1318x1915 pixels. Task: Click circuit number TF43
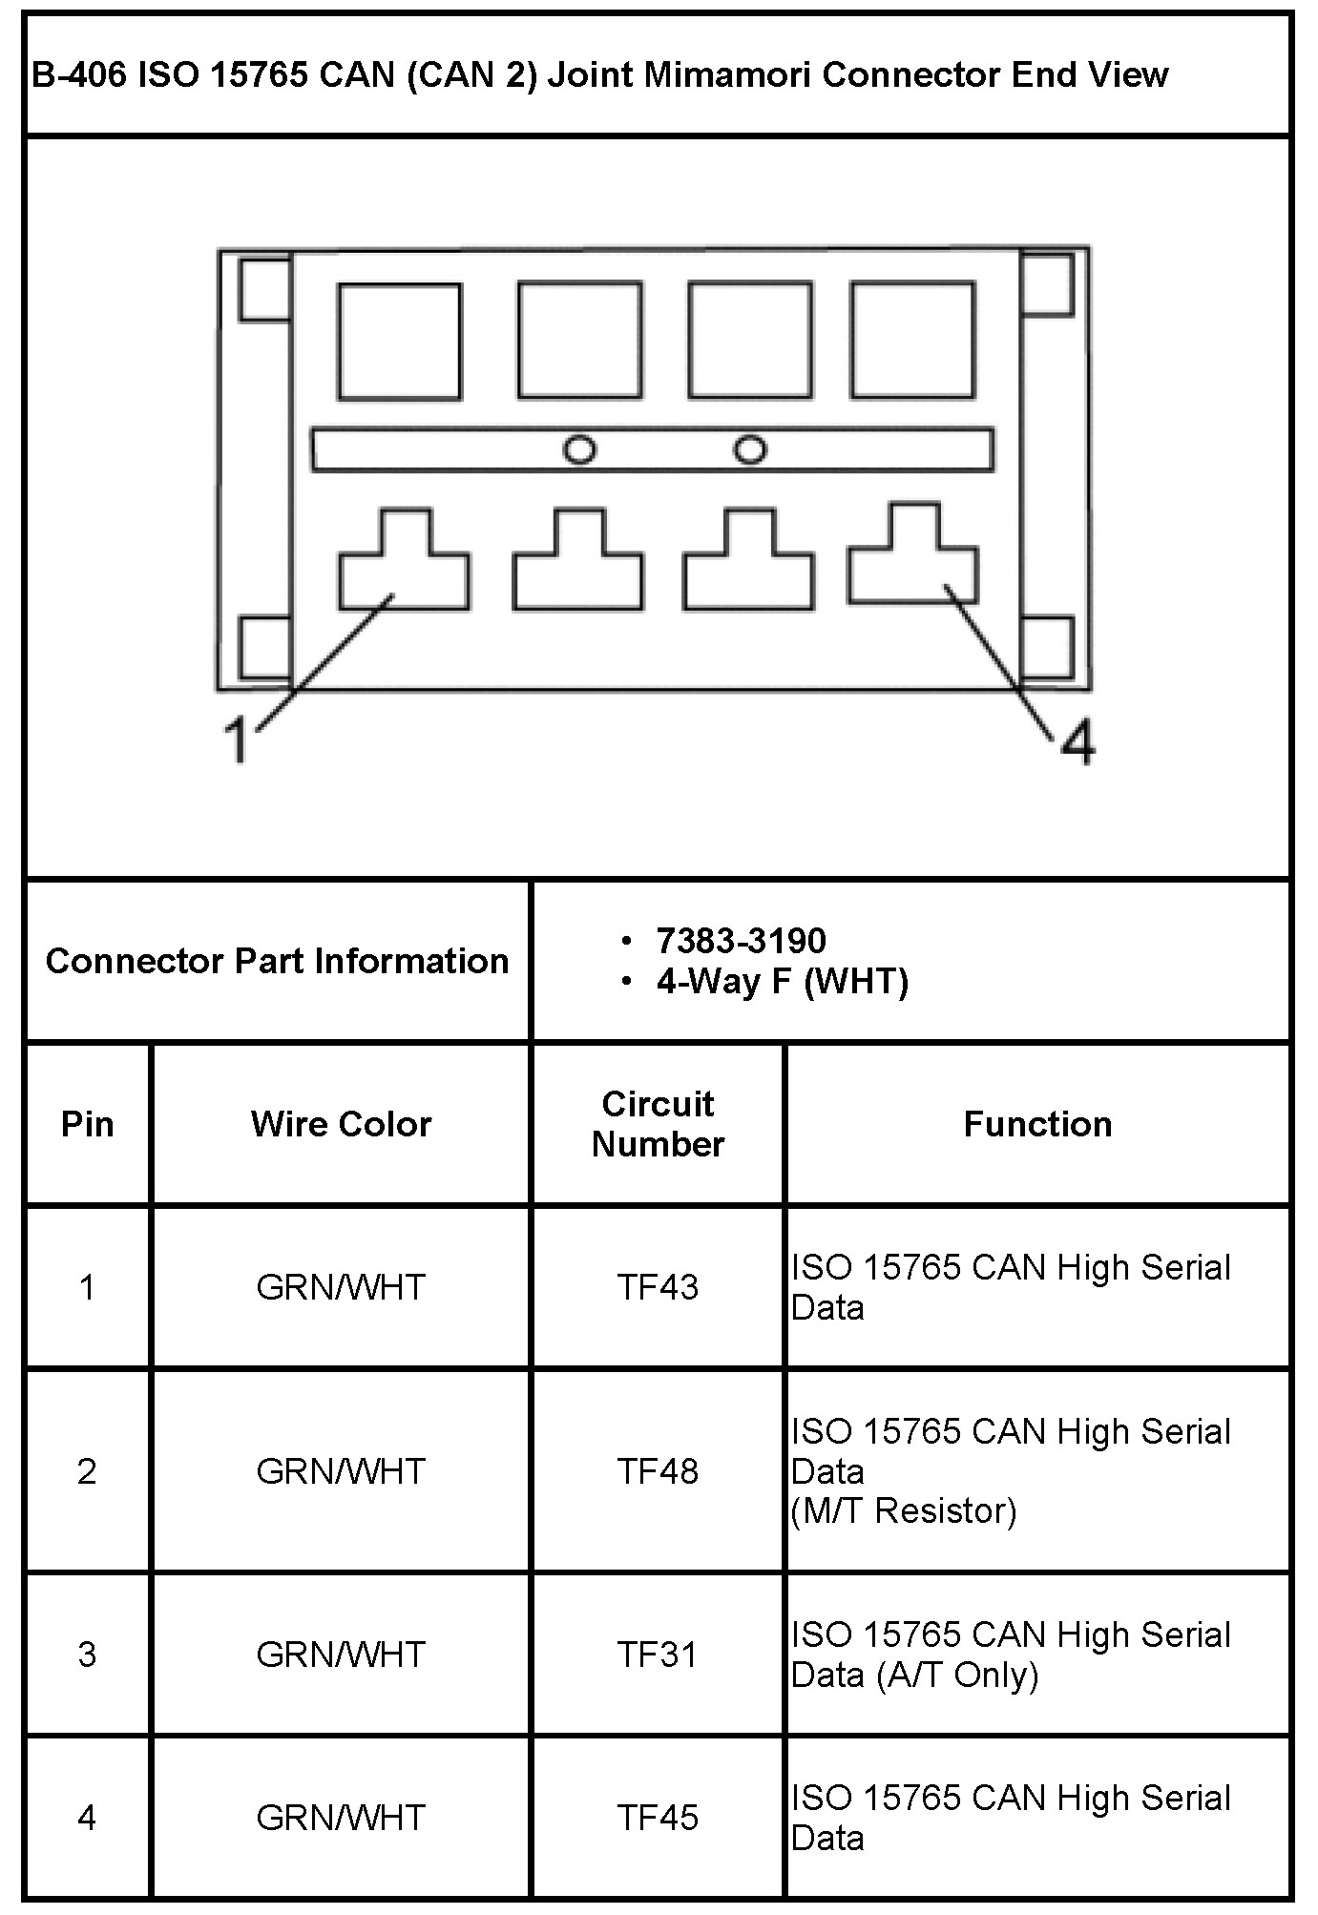tap(658, 1287)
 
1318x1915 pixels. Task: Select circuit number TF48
tap(658, 1470)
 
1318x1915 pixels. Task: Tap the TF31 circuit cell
tap(658, 1654)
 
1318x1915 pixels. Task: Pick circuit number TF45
tap(658, 1817)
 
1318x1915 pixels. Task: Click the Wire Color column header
tap(341, 1124)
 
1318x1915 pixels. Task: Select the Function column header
tap(1037, 1124)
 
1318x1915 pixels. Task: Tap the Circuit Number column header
tap(658, 1124)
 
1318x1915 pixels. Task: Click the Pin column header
tap(87, 1124)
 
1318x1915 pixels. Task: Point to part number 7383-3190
tap(741, 941)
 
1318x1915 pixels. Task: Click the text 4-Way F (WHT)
tap(782, 981)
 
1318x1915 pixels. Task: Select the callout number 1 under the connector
tap(236, 740)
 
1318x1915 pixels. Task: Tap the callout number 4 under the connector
tap(1077, 742)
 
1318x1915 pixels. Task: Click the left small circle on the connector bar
tap(579, 448)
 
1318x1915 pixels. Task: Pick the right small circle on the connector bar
tap(750, 448)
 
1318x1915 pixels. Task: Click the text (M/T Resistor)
tap(904, 1510)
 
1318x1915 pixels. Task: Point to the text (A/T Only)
tap(957, 1675)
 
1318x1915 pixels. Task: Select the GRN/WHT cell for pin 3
tap(341, 1654)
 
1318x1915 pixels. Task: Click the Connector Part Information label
tap(277, 961)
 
